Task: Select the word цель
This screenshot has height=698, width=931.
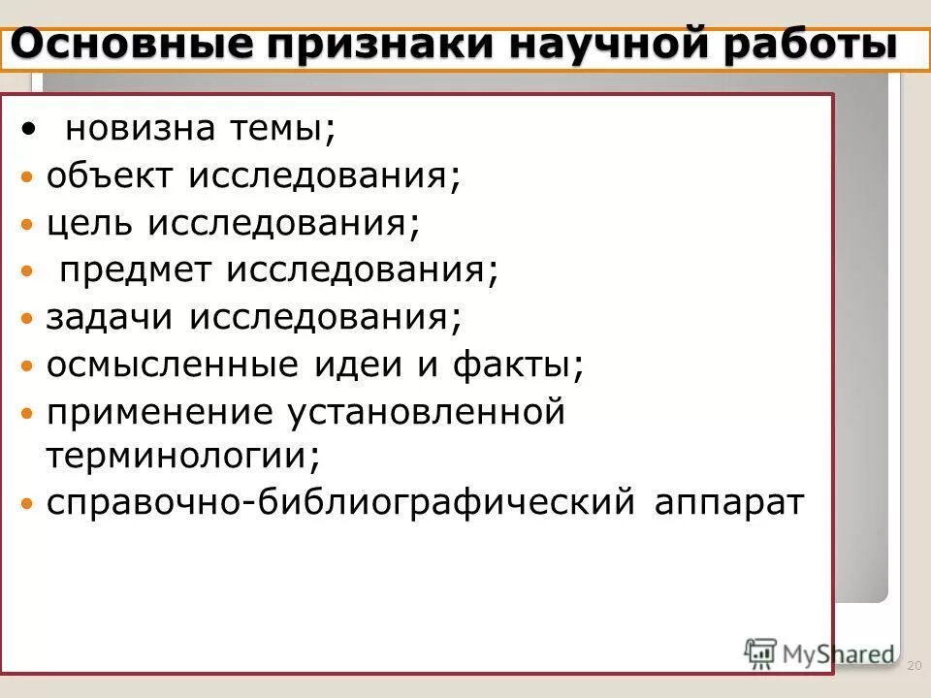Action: pos(92,224)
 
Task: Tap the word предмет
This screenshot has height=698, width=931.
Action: pos(136,270)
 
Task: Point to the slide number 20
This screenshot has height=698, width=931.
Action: pos(913,666)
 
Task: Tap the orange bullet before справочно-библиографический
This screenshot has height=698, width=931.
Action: pos(28,504)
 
